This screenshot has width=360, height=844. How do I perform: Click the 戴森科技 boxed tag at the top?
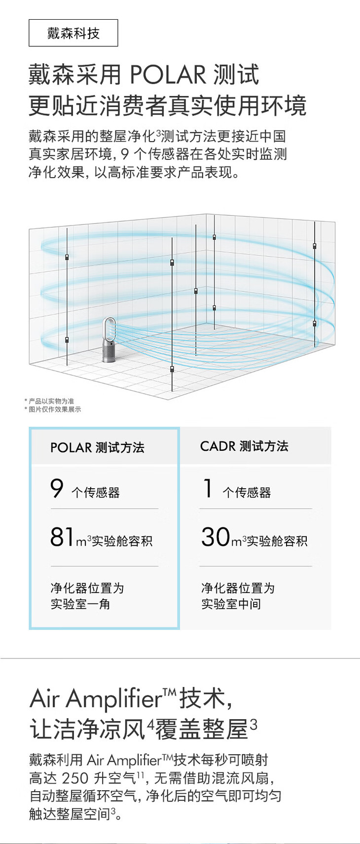(x=73, y=33)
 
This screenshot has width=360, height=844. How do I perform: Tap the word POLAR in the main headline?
(x=168, y=75)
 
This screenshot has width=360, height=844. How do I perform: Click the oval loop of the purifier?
(x=109, y=328)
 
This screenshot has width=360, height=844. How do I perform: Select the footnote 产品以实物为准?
(x=51, y=401)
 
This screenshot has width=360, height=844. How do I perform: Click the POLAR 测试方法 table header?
(x=97, y=447)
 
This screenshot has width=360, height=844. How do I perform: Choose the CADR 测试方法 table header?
(x=244, y=446)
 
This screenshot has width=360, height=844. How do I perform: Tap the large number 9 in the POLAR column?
(x=57, y=488)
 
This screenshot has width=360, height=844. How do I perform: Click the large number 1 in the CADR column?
(x=208, y=488)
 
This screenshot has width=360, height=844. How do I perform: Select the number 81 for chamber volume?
(x=62, y=537)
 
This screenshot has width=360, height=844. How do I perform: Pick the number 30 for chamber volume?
(x=216, y=537)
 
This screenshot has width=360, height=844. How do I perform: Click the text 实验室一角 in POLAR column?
(x=80, y=604)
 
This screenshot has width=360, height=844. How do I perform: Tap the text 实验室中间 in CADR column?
(x=231, y=604)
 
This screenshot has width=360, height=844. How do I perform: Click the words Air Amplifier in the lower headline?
(x=96, y=698)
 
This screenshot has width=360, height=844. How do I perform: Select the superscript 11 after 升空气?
(x=140, y=775)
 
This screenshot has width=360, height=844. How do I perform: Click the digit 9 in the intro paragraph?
(x=124, y=154)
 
